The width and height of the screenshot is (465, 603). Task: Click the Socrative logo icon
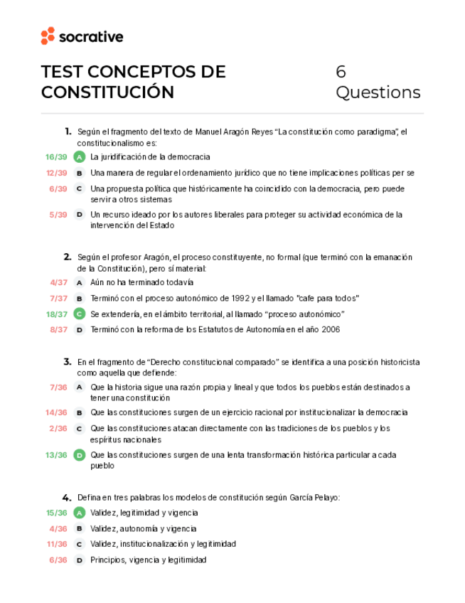coord(48,36)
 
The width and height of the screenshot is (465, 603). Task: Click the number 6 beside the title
coord(341,72)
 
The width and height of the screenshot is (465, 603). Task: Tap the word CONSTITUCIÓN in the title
coord(107,92)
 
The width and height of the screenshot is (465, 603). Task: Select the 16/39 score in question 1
coord(56,156)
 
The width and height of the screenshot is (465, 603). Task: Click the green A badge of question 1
coord(80,156)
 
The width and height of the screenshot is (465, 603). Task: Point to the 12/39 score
coord(56,173)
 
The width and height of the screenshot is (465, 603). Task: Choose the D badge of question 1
coord(80,214)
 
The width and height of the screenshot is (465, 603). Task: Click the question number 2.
coord(67,257)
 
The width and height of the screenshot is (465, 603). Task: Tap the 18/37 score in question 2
coord(57,314)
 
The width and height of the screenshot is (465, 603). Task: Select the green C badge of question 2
coord(80,314)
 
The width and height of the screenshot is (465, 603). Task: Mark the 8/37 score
coord(59,329)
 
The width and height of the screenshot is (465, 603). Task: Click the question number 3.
coord(67,361)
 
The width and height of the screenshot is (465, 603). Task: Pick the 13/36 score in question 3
coord(57,455)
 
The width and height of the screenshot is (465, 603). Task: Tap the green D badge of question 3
coord(80,455)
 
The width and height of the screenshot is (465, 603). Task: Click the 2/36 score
coord(59,428)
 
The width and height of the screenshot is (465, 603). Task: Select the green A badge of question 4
coord(80,513)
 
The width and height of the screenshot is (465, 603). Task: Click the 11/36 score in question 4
coord(57,544)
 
